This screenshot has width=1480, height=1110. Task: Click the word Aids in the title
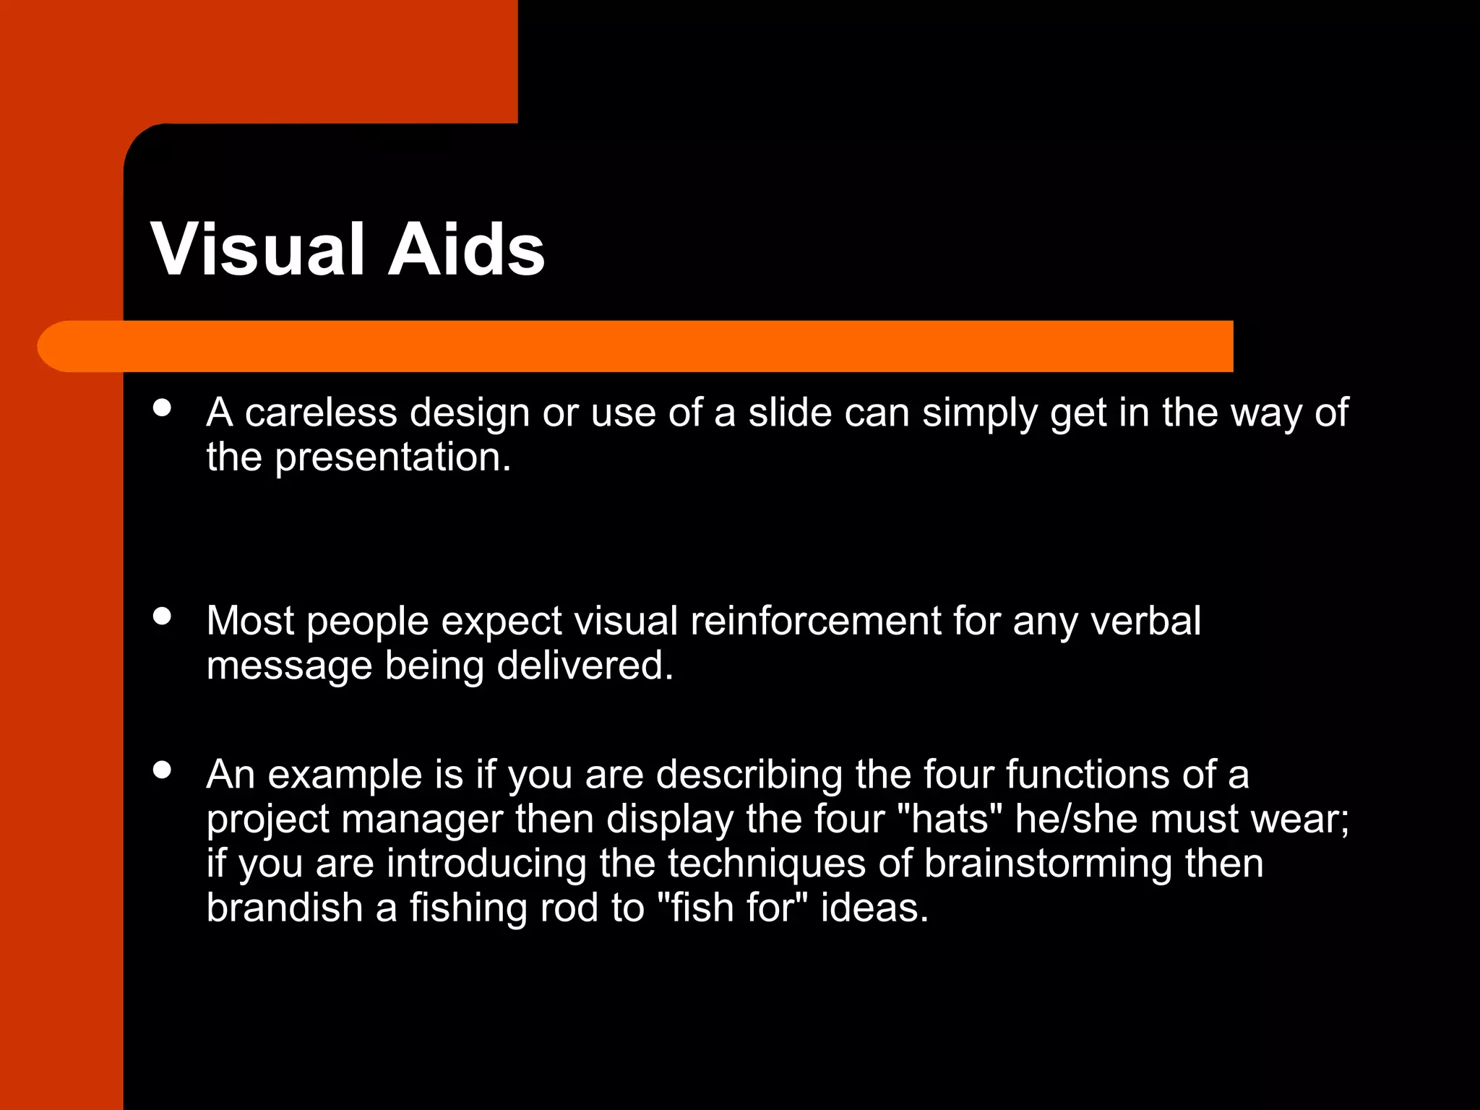click(x=466, y=249)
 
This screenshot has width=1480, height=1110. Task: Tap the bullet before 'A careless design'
click(x=163, y=408)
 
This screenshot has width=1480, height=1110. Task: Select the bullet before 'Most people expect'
click(x=163, y=616)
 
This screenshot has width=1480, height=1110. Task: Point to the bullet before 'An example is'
click(x=163, y=770)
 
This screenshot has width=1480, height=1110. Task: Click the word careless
click(x=321, y=413)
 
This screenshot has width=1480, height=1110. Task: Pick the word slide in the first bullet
click(x=790, y=413)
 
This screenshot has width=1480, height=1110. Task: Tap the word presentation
click(x=393, y=457)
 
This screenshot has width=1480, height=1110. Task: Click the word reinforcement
click(x=816, y=621)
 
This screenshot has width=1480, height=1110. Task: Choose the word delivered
click(x=585, y=666)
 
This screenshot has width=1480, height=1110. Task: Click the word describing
click(x=749, y=775)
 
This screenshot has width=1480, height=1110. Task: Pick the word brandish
click(x=285, y=908)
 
